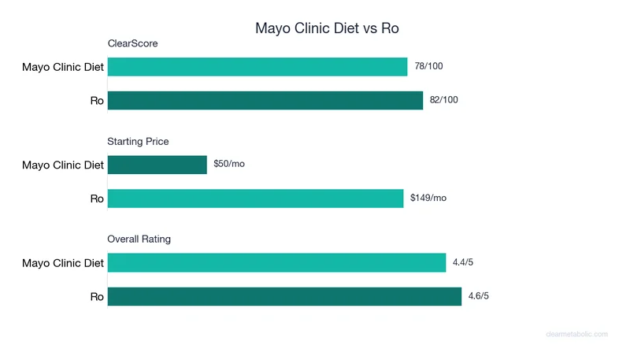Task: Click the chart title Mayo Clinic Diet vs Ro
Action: [x=328, y=28]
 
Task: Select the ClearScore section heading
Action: [x=132, y=43]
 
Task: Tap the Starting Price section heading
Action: [x=138, y=141]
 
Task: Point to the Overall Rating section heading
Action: [x=139, y=239]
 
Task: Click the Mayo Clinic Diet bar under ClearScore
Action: [x=258, y=67]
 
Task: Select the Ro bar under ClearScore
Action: [x=265, y=100]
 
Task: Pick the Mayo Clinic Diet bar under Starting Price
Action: [x=157, y=165]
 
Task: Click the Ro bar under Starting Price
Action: [x=255, y=198]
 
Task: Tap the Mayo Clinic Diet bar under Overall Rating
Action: [x=276, y=262]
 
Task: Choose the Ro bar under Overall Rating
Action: [x=284, y=296]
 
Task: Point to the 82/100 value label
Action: [x=444, y=100]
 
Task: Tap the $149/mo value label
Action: [x=428, y=198]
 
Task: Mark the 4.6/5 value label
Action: [x=480, y=296]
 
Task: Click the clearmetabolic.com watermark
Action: [x=576, y=334]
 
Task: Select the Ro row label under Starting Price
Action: [x=97, y=199]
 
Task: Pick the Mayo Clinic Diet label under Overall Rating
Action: [x=63, y=263]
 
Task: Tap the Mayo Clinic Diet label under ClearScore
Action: [x=63, y=67]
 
